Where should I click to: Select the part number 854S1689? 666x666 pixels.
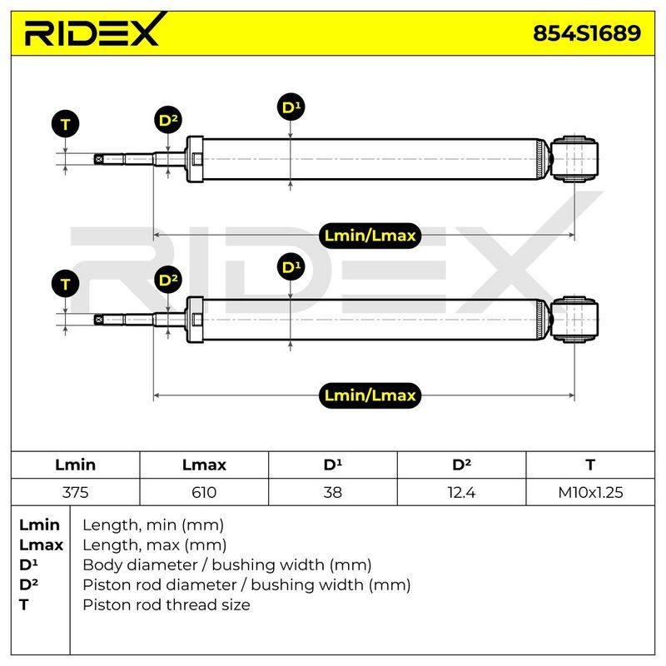click(x=587, y=33)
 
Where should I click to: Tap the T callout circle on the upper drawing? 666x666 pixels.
click(x=65, y=124)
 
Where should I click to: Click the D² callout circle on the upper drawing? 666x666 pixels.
click(x=168, y=120)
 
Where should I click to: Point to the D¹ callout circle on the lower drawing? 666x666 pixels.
click(x=291, y=266)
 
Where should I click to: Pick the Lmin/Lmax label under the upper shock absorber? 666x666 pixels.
click(x=370, y=236)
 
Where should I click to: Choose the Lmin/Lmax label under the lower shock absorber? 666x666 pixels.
click(x=370, y=395)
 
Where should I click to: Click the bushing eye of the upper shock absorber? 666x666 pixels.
click(x=574, y=159)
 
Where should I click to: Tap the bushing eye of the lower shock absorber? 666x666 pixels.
click(x=574, y=320)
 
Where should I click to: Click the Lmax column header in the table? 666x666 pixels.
click(x=204, y=465)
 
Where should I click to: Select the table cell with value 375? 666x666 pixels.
click(x=75, y=492)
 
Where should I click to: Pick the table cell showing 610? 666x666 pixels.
click(x=204, y=492)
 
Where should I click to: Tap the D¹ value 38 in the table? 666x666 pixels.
click(x=332, y=492)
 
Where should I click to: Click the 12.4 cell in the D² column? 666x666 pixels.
click(x=461, y=492)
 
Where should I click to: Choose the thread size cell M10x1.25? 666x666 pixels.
click(x=590, y=492)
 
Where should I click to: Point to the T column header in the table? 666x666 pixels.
click(x=590, y=465)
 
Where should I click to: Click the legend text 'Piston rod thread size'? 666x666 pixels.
click(x=166, y=604)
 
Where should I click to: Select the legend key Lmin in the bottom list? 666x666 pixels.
click(x=39, y=525)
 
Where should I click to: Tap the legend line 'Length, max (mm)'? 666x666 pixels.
click(x=154, y=545)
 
